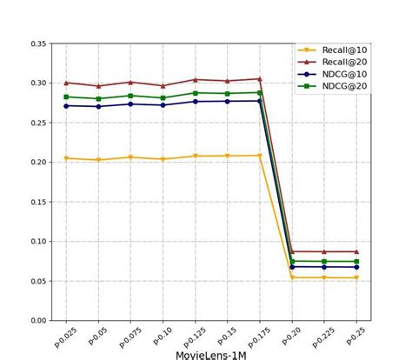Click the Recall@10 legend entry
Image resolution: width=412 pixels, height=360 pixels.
[344, 50]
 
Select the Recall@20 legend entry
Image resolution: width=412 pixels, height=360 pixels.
[344, 62]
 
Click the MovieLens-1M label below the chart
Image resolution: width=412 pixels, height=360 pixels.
[210, 354]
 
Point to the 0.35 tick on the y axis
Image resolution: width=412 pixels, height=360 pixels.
[37, 43]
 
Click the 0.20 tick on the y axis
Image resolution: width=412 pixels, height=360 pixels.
[37, 163]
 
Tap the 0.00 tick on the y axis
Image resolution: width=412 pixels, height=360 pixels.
[37, 321]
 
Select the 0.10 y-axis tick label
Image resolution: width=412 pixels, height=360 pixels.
[37, 242]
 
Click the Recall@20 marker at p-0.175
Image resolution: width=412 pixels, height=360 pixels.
[259, 79]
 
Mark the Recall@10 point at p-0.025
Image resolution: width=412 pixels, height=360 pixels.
[66, 158]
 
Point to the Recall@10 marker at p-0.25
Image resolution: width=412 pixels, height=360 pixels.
[356, 278]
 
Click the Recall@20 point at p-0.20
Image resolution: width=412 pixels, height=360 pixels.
[292, 251]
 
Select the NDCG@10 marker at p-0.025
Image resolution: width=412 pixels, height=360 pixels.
[66, 106]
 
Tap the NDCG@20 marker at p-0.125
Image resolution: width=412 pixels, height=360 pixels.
[195, 93]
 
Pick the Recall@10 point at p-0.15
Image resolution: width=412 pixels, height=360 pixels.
[227, 157]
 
